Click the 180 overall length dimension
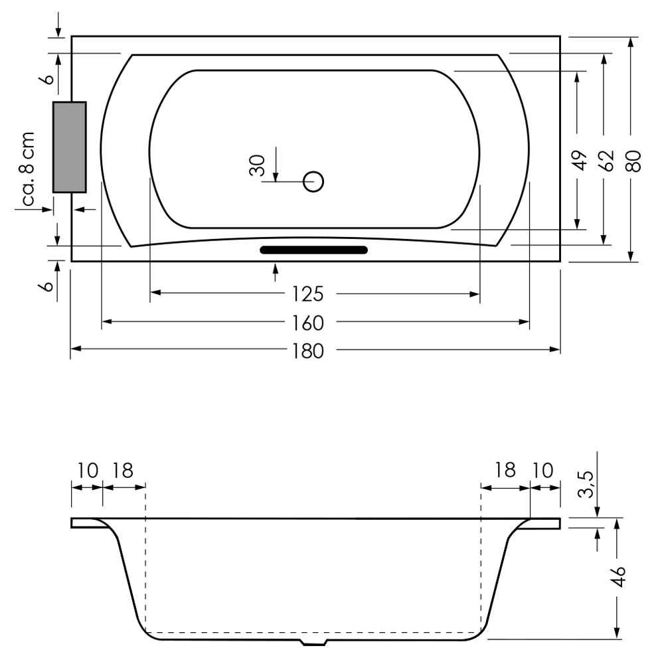[x=308, y=351]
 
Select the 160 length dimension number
[x=308, y=323]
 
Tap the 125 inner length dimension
[x=308, y=294]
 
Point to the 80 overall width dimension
[x=634, y=161]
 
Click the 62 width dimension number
[x=608, y=161]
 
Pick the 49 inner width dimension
[x=580, y=161]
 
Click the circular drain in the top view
[x=313, y=182]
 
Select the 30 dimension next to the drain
[x=258, y=165]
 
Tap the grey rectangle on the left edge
[x=70, y=147]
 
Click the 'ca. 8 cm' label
[x=28, y=169]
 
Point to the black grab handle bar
[x=313, y=250]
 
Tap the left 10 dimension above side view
[x=88, y=471]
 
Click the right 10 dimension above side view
[x=542, y=471]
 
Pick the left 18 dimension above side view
[x=123, y=471]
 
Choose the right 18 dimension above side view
[x=505, y=471]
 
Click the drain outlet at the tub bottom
[x=314, y=642]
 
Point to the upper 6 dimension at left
[x=48, y=78]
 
